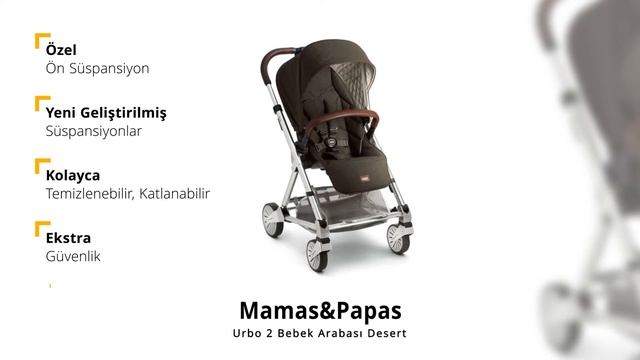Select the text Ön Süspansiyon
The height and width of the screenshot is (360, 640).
point(97,69)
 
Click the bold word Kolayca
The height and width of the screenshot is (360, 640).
point(73,175)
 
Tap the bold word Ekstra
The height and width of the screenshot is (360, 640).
point(67,238)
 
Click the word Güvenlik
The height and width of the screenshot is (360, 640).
point(73,257)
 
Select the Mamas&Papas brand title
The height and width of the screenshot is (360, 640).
point(319,307)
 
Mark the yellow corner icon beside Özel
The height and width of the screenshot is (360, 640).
point(41,41)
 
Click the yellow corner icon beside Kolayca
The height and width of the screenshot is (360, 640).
point(41,166)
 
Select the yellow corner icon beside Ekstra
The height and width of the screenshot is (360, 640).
point(41,229)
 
